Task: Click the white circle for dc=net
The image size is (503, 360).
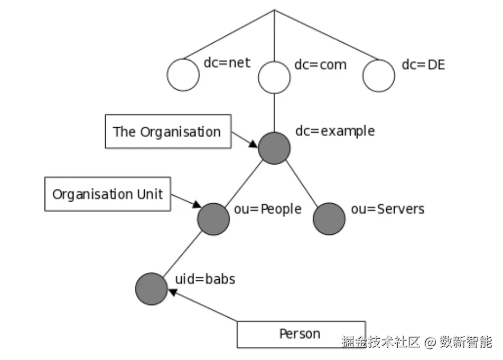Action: [x=183, y=75]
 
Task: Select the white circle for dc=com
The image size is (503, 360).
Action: [x=274, y=77]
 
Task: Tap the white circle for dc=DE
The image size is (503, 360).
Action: [x=379, y=75]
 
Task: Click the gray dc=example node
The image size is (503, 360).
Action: [x=274, y=148]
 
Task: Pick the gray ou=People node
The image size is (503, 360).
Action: [x=213, y=219]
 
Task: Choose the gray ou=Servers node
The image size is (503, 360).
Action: [x=329, y=219]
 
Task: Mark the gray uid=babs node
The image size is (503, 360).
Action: [x=152, y=289]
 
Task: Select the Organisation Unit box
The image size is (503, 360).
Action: [x=108, y=194]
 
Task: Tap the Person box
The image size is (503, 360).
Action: [x=301, y=334]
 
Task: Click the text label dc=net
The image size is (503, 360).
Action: [x=227, y=64]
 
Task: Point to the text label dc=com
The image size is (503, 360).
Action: [x=320, y=65]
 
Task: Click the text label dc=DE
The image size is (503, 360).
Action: [x=423, y=65]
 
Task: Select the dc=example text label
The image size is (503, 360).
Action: [x=335, y=131]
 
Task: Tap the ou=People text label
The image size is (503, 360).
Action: [x=267, y=209]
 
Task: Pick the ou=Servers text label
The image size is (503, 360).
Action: [x=387, y=209]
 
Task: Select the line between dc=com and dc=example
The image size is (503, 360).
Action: [x=274, y=112]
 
